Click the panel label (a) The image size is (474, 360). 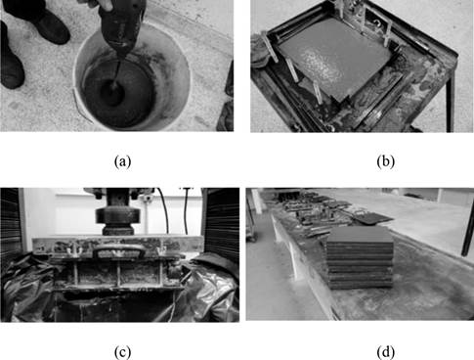[x=123, y=161]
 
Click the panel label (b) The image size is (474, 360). [x=385, y=161]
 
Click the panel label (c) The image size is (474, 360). [x=123, y=352]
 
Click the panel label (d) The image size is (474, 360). [x=385, y=352]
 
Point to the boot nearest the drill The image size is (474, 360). [x=52, y=26]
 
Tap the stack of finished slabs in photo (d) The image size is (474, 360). [x=361, y=257]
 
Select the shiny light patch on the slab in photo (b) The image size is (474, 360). [x=321, y=66]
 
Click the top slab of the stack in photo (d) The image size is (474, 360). [x=361, y=234]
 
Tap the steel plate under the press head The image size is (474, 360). [x=118, y=243]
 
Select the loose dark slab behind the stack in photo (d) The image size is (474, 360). [x=374, y=218]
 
